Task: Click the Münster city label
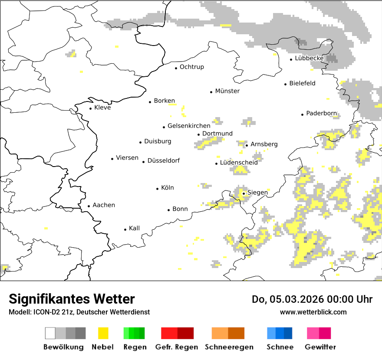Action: [227, 91]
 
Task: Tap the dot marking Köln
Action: [158, 189]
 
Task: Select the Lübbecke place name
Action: [309, 58]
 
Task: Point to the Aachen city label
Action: [104, 205]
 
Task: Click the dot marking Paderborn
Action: [303, 115]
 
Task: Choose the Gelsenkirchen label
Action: [189, 126]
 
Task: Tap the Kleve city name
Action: [102, 108]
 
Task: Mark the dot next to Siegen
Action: [244, 193]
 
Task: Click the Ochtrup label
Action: [191, 67]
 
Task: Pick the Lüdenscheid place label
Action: [239, 163]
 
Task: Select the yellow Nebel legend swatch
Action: [103, 333]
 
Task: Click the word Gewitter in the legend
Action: [320, 347]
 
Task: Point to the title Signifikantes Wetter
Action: [72, 299]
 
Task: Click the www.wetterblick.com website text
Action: [313, 312]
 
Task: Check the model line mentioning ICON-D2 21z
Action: [79, 312]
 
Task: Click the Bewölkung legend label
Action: [63, 347]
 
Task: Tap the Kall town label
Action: [134, 228]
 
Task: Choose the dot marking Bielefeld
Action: [286, 84]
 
